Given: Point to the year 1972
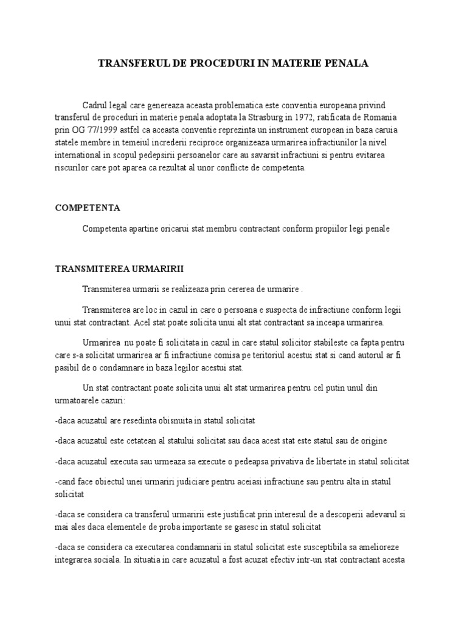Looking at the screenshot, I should point(300,116).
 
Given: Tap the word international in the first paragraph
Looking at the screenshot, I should point(80,155).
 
